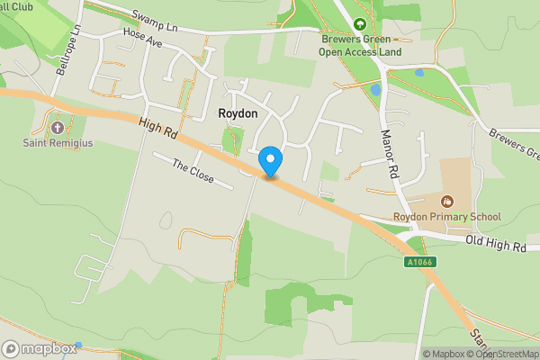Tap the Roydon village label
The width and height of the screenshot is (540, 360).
[238, 114]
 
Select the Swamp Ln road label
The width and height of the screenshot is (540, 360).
[154, 19]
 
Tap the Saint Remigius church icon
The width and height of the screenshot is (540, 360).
[60, 128]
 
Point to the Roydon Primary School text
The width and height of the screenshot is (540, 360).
[446, 217]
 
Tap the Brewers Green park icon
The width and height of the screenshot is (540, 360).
[360, 23]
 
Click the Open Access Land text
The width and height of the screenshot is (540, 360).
[360, 51]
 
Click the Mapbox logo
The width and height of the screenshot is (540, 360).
[39, 348]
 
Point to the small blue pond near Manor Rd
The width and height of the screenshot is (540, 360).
[376, 90]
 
